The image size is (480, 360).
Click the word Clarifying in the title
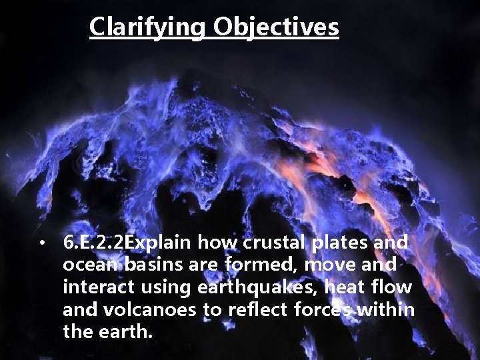click(149, 27)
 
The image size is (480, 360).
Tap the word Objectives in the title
click(277, 27)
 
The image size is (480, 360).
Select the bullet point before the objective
click(41, 244)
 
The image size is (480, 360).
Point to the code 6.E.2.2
click(93, 243)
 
